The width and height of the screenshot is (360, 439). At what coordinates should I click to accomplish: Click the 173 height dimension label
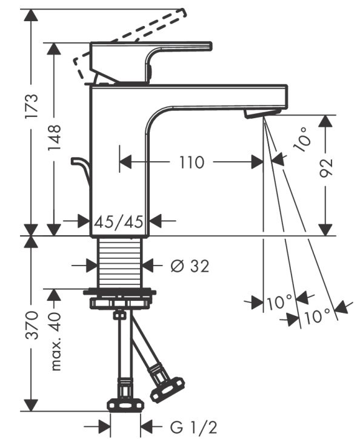coord(33,106)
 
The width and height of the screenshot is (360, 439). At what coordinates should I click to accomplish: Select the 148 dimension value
coord(55,138)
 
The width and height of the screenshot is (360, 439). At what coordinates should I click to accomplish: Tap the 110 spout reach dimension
coord(191,162)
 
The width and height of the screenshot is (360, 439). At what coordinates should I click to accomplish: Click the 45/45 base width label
coord(119,222)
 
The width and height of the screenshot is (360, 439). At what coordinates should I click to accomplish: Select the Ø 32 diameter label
coord(189,266)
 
